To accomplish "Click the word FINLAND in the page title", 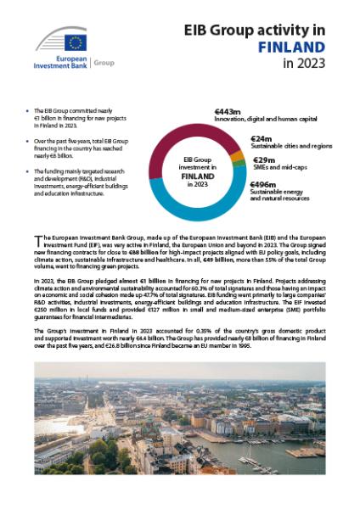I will tap(289, 47).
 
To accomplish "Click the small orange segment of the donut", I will tap(240, 156).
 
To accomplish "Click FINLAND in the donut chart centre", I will tap(196, 176).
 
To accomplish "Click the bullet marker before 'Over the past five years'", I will tap(26, 136).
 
